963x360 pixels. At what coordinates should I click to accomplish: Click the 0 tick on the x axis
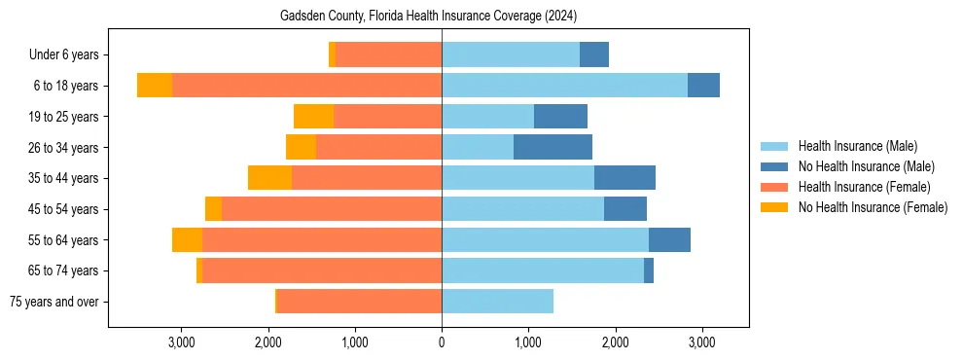click(x=442, y=342)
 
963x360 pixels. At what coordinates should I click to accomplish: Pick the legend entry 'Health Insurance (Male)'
click(x=857, y=146)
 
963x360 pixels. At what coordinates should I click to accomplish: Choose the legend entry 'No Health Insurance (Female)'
click(x=873, y=207)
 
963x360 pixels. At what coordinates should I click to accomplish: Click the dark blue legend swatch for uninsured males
click(x=775, y=166)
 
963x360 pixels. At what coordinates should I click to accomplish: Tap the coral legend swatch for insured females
click(x=775, y=187)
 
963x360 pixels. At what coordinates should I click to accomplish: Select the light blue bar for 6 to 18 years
click(x=564, y=86)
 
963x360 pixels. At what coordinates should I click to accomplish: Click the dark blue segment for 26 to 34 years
click(x=553, y=148)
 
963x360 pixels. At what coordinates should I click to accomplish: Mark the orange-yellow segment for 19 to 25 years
click(x=313, y=117)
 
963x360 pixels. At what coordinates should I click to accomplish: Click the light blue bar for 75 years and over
click(x=497, y=302)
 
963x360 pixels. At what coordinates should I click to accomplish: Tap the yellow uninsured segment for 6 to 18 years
click(x=155, y=86)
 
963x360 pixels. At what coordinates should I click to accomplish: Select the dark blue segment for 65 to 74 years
click(x=649, y=270)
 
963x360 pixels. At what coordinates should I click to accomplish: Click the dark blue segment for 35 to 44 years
click(x=624, y=178)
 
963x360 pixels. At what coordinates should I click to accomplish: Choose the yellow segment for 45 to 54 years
click(x=213, y=209)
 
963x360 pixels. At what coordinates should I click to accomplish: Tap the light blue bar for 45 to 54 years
click(x=522, y=209)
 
